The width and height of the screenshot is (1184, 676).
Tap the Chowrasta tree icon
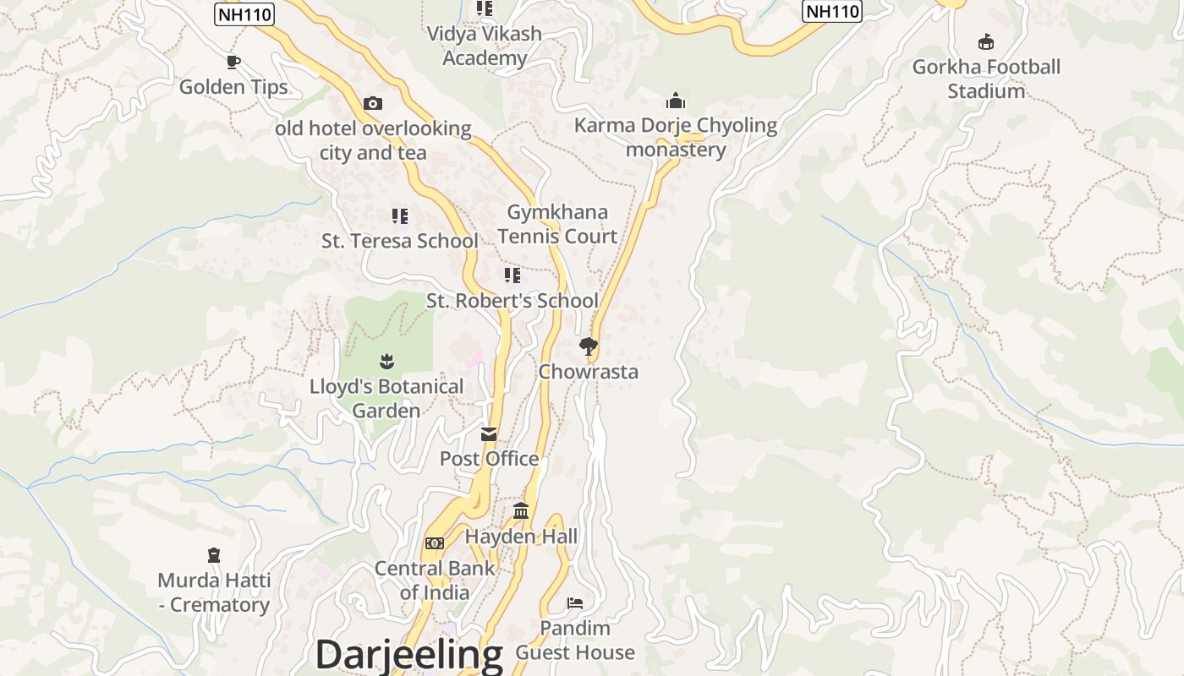[589, 346]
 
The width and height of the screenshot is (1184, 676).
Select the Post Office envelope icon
[489, 434]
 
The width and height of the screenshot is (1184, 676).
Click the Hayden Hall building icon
[521, 511]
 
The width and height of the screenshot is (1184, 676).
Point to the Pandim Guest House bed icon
[575, 603]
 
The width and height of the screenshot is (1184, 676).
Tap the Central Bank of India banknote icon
[435, 543]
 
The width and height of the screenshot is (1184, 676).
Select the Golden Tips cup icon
[233, 62]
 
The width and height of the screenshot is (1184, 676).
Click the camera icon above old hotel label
[373, 103]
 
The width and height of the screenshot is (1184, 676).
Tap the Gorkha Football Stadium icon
[985, 41]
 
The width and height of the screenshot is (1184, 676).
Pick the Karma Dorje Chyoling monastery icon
[675, 101]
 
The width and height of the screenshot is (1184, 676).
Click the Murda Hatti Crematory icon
[214, 555]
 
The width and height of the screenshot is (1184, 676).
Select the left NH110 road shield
[244, 14]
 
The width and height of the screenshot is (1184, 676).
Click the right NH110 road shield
[832, 11]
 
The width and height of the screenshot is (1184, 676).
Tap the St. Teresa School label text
[399, 241]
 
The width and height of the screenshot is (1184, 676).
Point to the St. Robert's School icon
[512, 275]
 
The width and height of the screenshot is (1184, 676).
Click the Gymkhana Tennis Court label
[557, 224]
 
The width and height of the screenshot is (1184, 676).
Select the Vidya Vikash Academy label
[485, 46]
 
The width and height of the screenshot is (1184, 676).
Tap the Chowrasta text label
[589, 372]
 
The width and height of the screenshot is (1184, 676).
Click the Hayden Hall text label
[522, 537]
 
